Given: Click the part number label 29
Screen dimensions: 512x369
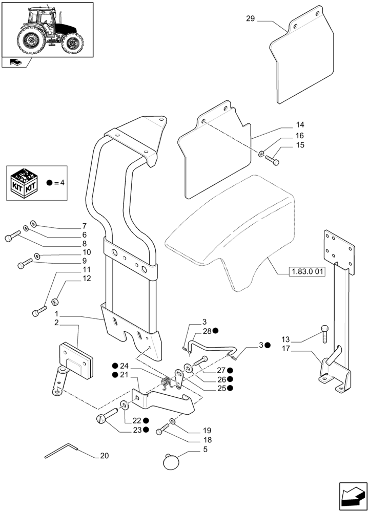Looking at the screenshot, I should point(250,19).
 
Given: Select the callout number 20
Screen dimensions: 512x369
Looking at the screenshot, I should point(105,456).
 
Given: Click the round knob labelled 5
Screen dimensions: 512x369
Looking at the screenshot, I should point(172,461).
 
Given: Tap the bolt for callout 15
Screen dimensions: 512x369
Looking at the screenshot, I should point(272,160).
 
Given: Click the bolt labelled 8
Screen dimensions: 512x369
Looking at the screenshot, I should point(12,237).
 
